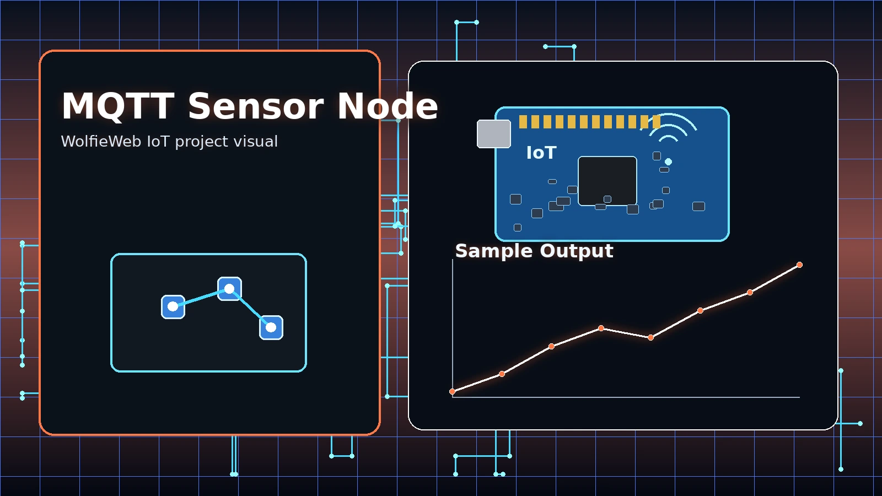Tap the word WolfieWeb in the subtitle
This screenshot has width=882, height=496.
click(101, 142)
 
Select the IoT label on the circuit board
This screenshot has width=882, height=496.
click(541, 153)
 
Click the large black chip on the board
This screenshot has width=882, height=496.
click(607, 181)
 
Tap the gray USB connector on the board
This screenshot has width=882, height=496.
click(493, 134)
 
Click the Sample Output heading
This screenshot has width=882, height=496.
click(534, 251)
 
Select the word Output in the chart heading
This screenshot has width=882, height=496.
click(577, 251)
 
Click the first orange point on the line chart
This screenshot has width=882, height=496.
click(453, 391)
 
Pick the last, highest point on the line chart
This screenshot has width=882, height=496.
click(799, 265)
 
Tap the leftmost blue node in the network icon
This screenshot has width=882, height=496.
click(173, 307)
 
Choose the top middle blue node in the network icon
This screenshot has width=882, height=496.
click(229, 289)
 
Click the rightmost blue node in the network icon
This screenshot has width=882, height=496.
click(271, 327)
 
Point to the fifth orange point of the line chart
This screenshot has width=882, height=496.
click(650, 337)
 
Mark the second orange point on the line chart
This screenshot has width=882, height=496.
click(502, 374)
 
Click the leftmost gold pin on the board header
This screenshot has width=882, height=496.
click(523, 122)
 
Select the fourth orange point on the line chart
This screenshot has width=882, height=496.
click(601, 328)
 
